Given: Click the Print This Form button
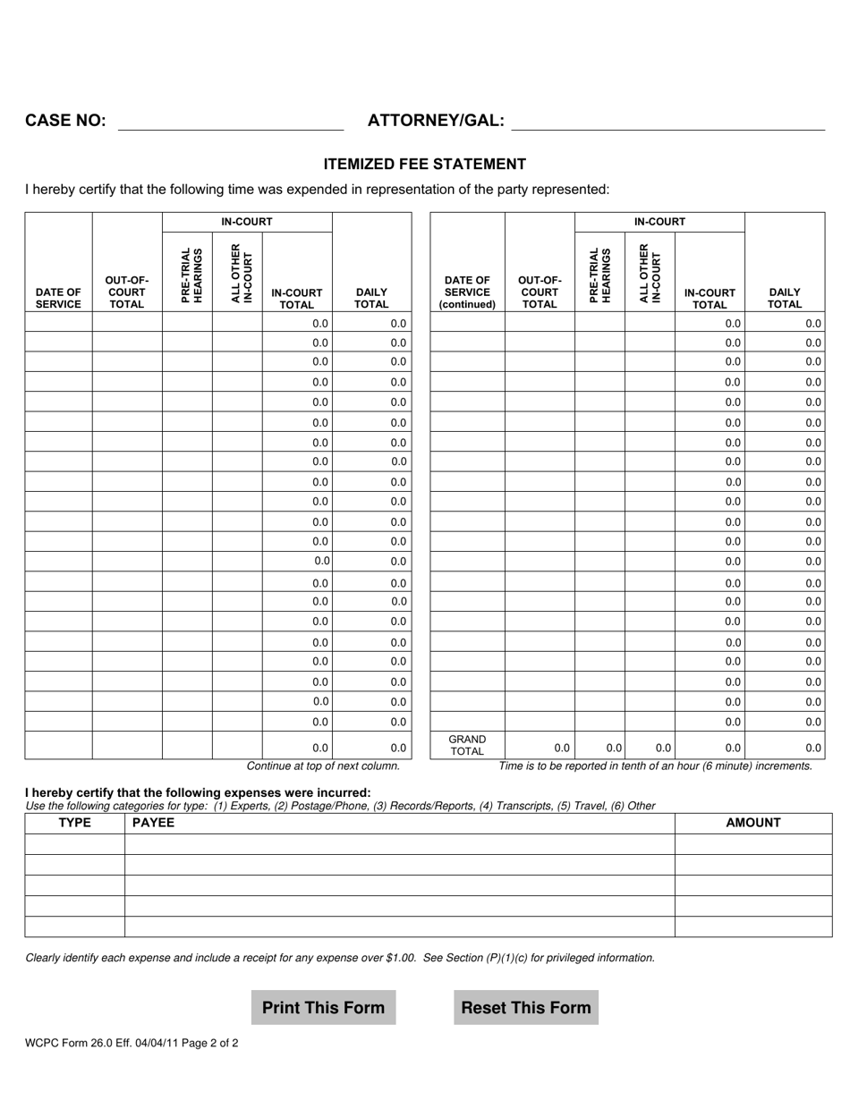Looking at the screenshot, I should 323,1007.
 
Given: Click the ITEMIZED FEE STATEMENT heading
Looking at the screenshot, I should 424,164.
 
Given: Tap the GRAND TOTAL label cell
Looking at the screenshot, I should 467,745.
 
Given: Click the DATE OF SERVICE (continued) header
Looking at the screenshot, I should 467,292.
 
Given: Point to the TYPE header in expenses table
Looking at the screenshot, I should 74,823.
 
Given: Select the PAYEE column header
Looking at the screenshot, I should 153,823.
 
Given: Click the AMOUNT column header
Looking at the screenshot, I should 752,823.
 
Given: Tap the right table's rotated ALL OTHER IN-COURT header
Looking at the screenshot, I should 650,273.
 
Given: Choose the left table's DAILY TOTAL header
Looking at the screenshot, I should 371,298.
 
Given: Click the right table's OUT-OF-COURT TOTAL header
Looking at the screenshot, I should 540,292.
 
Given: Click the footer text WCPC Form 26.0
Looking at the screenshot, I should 132,1043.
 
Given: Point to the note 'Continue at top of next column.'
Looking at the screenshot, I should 323,766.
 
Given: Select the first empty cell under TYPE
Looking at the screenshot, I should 74,844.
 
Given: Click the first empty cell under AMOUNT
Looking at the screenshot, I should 752,844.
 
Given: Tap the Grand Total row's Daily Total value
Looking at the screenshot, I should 784,748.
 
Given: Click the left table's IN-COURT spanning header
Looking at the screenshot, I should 247,222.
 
